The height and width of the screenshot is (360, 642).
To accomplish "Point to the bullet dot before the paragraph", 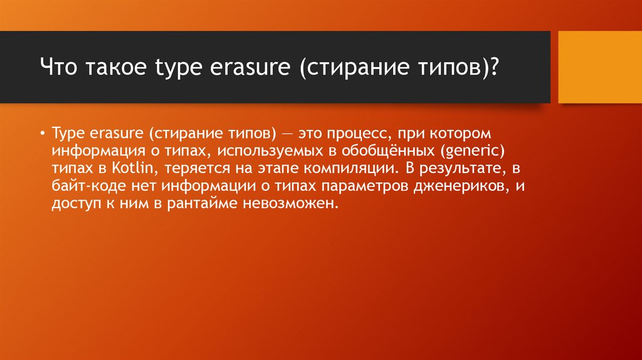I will point(42,134).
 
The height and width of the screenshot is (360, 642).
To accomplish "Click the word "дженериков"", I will point(460,187).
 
